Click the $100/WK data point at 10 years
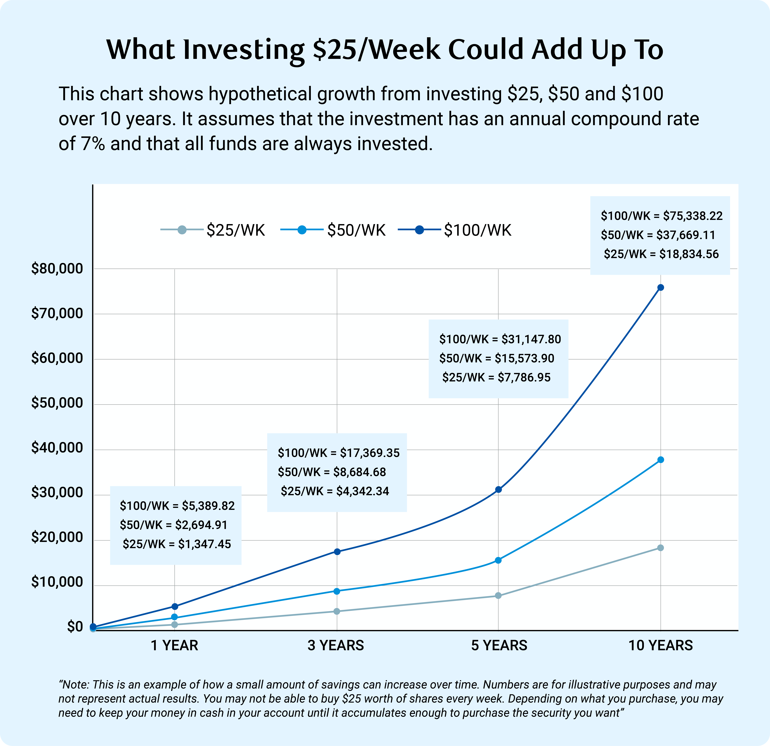click(660, 287)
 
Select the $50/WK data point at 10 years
click(660, 460)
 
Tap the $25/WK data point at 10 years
click(660, 548)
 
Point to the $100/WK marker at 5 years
click(498, 490)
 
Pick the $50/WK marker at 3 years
click(337, 591)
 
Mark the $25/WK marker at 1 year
click(175, 624)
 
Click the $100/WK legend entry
click(477, 230)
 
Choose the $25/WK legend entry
click(236, 230)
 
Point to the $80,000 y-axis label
click(57, 269)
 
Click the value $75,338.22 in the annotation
click(693, 216)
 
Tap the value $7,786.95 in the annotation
click(524, 378)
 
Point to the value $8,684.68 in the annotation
click(360, 472)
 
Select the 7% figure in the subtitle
click(93, 144)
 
